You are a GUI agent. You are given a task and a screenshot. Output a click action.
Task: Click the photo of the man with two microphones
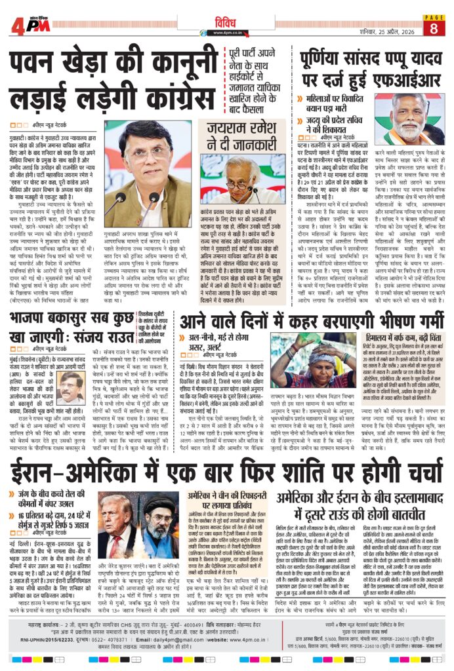148,173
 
